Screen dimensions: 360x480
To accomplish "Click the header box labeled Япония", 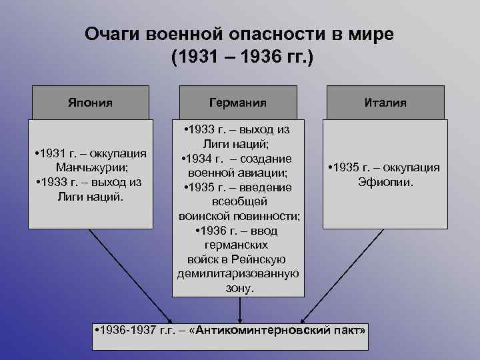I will pyautogui.click(x=90, y=103).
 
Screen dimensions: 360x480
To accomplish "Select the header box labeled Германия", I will pyautogui.click(x=238, y=103).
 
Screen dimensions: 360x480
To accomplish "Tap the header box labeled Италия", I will pyautogui.click(x=385, y=103).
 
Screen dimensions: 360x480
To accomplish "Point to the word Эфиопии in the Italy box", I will pyautogui.click(x=385, y=181).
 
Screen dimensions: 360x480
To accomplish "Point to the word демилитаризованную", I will pyautogui.click(x=238, y=274).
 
